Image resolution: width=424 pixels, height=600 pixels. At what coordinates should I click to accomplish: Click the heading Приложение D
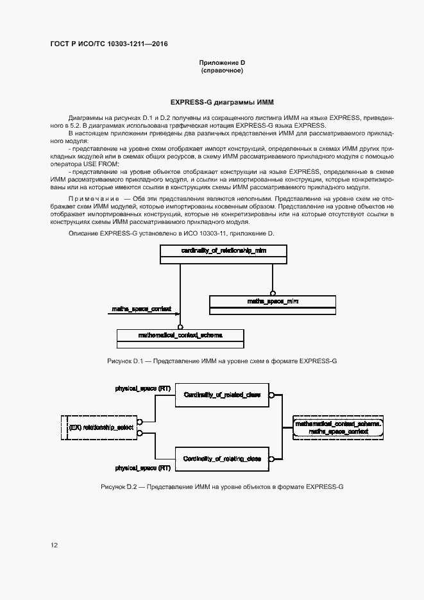[x=222, y=62]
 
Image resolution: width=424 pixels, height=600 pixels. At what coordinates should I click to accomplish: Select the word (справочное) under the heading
[x=222, y=70]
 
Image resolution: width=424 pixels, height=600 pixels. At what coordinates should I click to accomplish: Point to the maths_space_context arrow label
[x=141, y=309]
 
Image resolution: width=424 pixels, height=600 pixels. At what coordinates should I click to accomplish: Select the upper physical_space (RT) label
[x=143, y=389]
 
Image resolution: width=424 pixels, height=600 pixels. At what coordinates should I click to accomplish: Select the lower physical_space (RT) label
[x=143, y=468]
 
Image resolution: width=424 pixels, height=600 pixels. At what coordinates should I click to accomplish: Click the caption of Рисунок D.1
[x=222, y=361]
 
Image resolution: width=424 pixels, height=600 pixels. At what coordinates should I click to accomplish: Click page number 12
[x=54, y=545]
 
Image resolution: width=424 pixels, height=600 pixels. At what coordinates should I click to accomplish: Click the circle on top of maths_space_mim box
[x=273, y=293]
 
